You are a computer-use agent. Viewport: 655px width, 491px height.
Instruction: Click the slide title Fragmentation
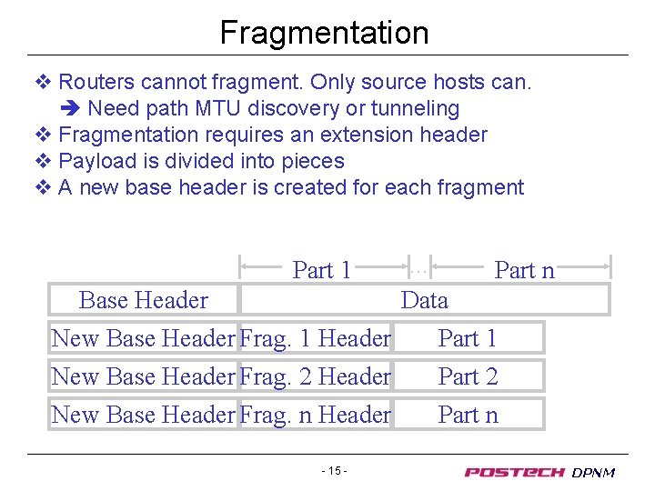tap(324, 33)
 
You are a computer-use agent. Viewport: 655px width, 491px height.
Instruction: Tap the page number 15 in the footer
tap(334, 471)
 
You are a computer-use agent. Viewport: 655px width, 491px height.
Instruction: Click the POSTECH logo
tap(514, 472)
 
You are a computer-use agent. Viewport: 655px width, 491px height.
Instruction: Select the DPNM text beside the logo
tap(594, 473)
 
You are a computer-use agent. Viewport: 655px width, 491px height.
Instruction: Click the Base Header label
tap(144, 300)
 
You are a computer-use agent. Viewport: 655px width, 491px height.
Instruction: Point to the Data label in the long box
tap(424, 300)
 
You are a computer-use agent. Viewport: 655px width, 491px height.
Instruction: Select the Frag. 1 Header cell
tap(315, 338)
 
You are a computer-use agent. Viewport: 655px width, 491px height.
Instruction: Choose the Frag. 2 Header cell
tap(315, 376)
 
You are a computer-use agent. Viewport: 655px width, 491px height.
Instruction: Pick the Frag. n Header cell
tap(315, 415)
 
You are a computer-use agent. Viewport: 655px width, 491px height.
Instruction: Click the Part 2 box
tap(469, 376)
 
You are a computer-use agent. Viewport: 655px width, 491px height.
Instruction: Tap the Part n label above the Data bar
tap(524, 270)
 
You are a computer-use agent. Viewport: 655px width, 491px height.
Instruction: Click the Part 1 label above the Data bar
tap(321, 270)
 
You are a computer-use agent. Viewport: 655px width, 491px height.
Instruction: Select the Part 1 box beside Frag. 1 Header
tap(469, 338)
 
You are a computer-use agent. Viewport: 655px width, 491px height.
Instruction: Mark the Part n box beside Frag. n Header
tap(469, 415)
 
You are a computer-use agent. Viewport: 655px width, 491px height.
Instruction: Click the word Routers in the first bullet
tap(93, 82)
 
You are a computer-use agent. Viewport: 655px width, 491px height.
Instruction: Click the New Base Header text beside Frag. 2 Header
tap(143, 376)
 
